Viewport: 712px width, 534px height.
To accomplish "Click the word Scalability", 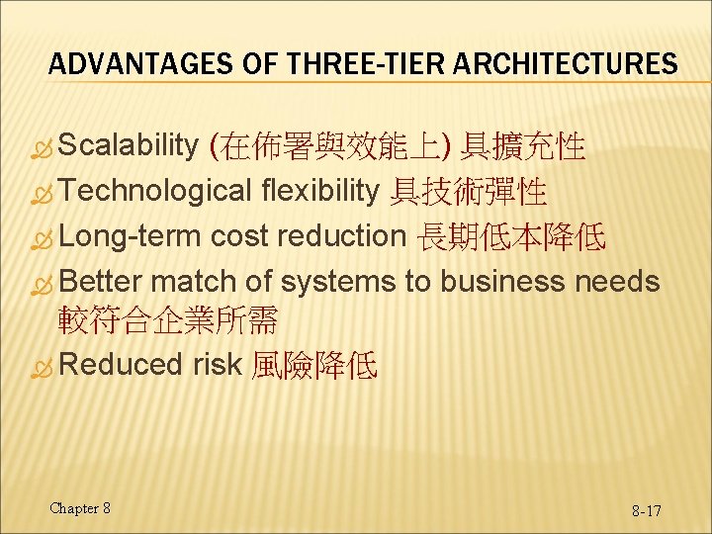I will coord(130,147).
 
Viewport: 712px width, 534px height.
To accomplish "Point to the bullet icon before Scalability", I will coord(44,148).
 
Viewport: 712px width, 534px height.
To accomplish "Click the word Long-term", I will coord(132,235).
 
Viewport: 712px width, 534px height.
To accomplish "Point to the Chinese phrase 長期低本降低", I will coord(513,236).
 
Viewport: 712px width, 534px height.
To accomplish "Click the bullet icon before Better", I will coord(44,282).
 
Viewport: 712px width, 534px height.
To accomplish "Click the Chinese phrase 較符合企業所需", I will coord(168,320).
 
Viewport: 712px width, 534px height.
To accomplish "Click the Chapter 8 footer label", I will coord(80,508).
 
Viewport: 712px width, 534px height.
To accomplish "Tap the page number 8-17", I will coord(647,510).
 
